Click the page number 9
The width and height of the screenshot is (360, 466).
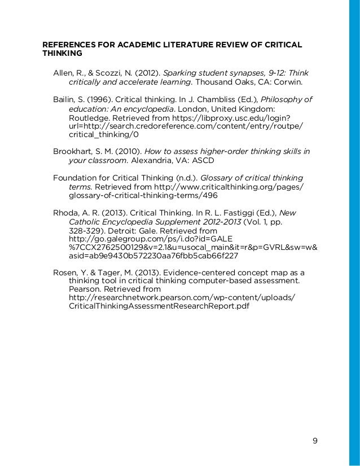pyautogui.click(x=315, y=441)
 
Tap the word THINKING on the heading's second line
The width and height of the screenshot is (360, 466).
pyautogui.click(x=63, y=54)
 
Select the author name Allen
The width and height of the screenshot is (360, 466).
pyautogui.click(x=63, y=73)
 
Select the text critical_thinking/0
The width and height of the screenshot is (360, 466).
pyautogui.click(x=104, y=135)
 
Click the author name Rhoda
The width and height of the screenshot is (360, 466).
pyautogui.click(x=65, y=213)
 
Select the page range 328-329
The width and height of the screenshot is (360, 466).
pyautogui.click(x=86, y=231)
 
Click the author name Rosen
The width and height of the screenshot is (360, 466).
pyautogui.click(x=64, y=272)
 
